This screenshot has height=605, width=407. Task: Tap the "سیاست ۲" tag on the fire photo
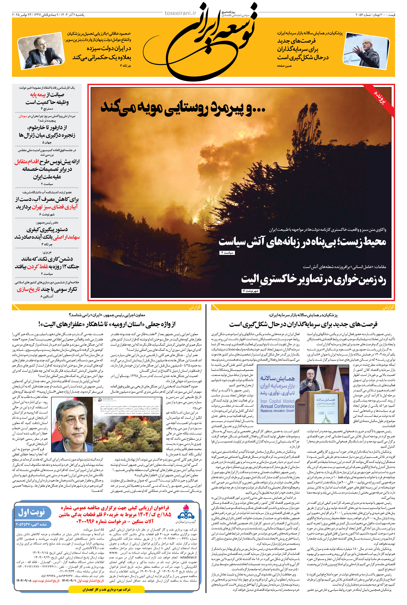click(x=227, y=252)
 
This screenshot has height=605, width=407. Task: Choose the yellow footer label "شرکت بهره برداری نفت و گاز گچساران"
click(x=106, y=589)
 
